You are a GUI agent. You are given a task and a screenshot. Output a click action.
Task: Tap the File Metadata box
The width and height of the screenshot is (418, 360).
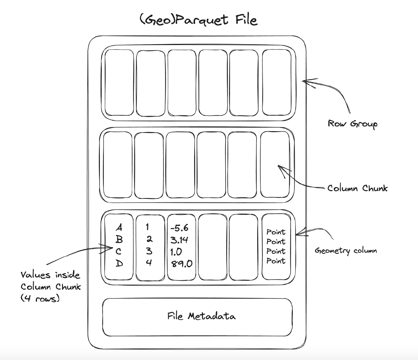[x=198, y=316]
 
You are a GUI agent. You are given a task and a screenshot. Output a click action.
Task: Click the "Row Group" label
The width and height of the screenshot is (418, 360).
[x=352, y=124]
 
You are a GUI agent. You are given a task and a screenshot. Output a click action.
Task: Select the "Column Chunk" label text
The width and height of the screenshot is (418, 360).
[x=357, y=188]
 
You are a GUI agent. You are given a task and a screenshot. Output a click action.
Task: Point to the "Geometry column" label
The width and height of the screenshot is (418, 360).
[x=346, y=251]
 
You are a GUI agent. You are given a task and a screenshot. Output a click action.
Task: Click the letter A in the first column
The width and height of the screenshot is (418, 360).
[x=119, y=228]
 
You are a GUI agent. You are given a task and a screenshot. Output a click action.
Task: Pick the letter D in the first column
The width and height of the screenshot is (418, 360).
[x=119, y=264]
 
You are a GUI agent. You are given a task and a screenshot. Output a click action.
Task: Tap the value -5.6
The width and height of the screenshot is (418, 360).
[x=179, y=228]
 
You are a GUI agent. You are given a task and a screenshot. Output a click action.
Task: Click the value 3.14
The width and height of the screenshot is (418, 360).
[x=179, y=240]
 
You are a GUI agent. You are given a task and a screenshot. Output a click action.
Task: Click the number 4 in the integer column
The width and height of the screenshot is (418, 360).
[x=149, y=263]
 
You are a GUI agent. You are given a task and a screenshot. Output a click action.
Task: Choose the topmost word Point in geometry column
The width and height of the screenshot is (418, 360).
[x=276, y=232]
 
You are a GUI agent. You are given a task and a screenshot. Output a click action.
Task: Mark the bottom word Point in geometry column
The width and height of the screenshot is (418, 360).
[x=276, y=261]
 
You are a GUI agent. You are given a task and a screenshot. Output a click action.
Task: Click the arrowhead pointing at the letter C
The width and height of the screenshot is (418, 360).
[x=107, y=248]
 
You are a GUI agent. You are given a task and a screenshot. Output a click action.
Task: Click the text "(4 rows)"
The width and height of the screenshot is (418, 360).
[x=40, y=298]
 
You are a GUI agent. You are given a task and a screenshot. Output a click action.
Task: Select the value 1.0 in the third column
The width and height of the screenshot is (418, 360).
[x=176, y=252]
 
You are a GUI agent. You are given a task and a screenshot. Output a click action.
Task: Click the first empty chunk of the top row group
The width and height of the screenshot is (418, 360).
[x=119, y=82]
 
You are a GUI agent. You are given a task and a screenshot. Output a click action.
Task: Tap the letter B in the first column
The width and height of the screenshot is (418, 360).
[x=119, y=240]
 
